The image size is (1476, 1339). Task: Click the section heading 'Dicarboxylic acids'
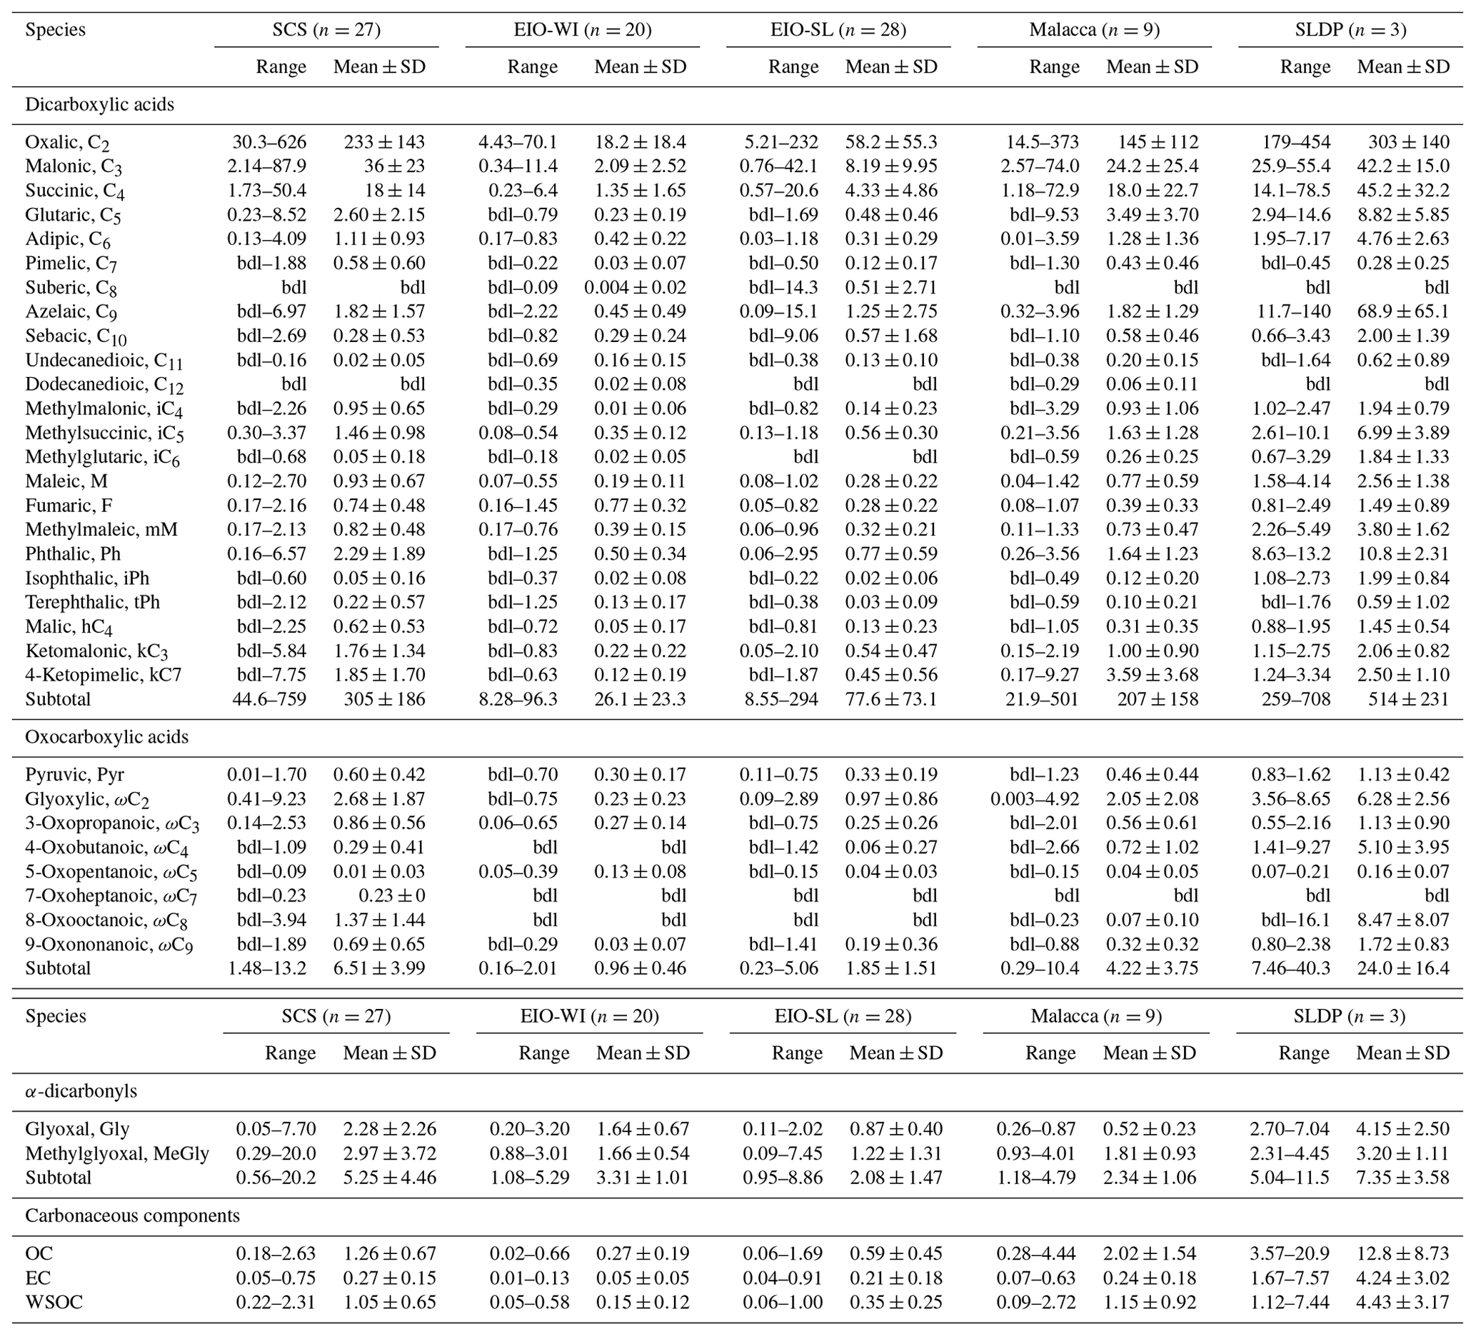pyautogui.click(x=99, y=105)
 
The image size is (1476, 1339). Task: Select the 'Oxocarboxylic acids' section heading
pyautogui.click(x=107, y=737)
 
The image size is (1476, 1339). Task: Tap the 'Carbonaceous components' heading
pyautogui.click(x=133, y=1216)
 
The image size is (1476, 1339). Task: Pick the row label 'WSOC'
pyautogui.click(x=54, y=1303)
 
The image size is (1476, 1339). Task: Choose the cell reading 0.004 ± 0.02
pyautogui.click(x=636, y=288)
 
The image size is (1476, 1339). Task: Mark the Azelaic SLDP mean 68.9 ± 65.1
pyautogui.click(x=1402, y=312)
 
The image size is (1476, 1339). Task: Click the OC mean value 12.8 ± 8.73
pyautogui.click(x=1402, y=1254)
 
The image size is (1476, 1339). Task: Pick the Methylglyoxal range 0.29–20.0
pyautogui.click(x=276, y=1154)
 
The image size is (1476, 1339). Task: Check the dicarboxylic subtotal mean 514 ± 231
pyautogui.click(x=1409, y=699)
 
